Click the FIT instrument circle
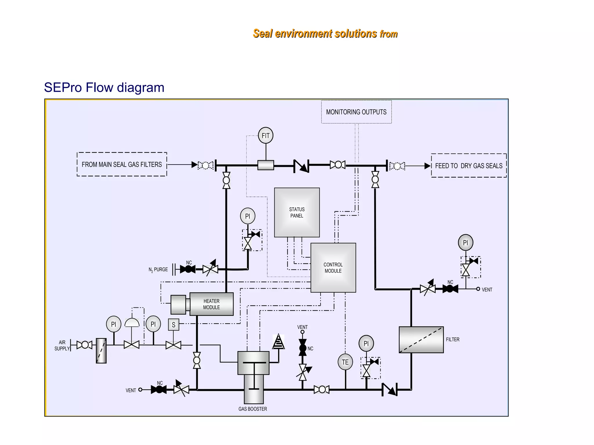265,135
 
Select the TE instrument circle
345,362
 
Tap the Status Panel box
297,212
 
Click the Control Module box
333,268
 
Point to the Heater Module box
211,304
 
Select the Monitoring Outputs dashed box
356,112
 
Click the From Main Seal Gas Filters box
122,164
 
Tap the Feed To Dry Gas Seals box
468,166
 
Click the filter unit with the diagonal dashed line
421,340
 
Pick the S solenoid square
173,325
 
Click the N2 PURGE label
158,269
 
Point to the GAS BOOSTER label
253,409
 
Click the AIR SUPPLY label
62,345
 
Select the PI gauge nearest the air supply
113,324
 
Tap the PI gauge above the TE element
366,343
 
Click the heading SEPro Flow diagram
104,87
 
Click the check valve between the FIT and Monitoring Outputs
301,166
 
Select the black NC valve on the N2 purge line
188,269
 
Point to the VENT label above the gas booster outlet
302,327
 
